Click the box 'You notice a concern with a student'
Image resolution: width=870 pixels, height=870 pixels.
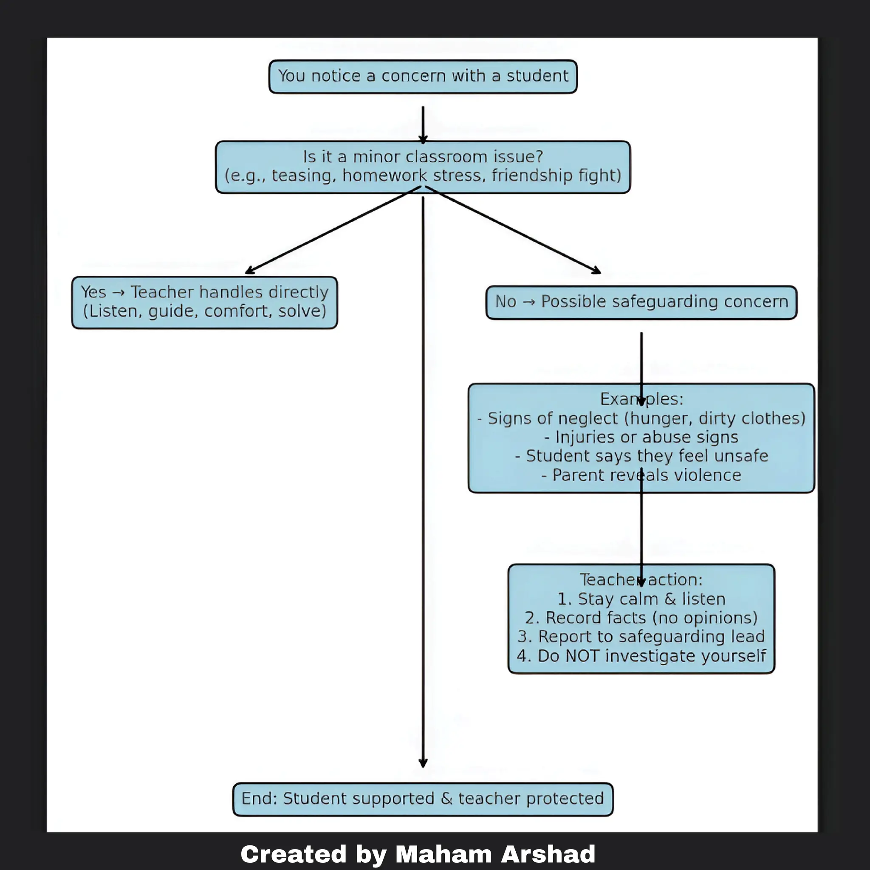click(423, 76)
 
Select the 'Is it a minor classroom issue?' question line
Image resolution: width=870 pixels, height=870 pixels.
click(423, 157)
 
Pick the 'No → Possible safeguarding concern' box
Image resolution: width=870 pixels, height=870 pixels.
click(641, 302)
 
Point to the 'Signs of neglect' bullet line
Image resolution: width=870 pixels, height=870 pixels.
click(641, 418)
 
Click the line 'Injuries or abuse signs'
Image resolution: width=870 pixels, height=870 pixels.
click(641, 437)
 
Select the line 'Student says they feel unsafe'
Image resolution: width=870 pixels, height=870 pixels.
click(641, 456)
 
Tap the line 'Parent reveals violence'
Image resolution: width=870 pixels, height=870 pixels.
click(641, 475)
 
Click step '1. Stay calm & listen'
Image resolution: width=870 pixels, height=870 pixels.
click(641, 599)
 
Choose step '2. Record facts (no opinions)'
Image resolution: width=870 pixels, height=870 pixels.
click(641, 618)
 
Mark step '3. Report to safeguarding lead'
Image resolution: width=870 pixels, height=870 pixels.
click(641, 637)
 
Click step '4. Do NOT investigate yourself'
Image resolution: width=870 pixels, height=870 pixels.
click(641, 656)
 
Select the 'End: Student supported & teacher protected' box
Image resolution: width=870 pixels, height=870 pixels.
click(423, 798)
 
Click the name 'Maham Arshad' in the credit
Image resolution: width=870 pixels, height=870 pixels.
click(495, 854)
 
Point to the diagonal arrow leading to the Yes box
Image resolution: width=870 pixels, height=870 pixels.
click(333, 230)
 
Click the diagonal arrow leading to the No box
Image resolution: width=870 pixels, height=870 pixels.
click(513, 230)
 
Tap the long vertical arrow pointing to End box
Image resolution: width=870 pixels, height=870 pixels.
click(423, 495)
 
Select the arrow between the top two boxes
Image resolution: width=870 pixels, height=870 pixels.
click(423, 124)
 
